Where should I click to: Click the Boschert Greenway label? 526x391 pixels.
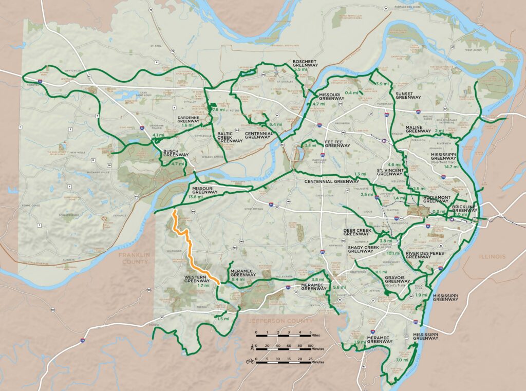(305, 63)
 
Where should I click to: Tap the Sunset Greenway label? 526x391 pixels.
(408, 95)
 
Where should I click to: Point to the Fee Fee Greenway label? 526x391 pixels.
(337, 145)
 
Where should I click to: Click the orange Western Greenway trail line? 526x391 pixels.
(190, 247)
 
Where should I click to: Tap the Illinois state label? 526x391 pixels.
(493, 256)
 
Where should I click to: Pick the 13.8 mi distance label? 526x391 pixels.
(195, 197)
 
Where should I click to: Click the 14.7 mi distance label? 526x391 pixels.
(452, 166)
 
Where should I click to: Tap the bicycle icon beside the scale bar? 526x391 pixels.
(250, 361)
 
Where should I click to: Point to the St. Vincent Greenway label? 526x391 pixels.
(390, 172)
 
